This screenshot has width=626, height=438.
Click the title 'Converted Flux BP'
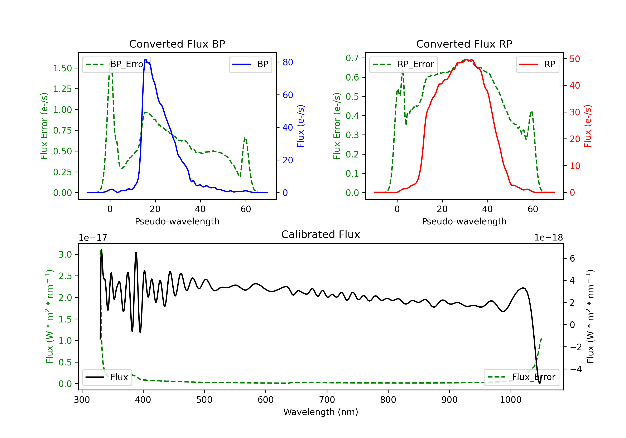click(177, 44)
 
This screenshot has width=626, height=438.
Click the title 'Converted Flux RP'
click(464, 44)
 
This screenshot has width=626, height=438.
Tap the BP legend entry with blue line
click(250, 64)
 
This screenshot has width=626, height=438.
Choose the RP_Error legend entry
click(404, 64)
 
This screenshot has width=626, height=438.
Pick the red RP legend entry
click(537, 64)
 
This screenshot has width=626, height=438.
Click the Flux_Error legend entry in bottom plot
click(521, 377)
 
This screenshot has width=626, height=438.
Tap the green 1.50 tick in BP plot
click(62, 68)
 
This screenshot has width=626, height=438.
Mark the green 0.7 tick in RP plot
click(352, 58)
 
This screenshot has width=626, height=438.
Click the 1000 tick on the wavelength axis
click(510, 400)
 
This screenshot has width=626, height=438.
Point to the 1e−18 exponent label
click(548, 238)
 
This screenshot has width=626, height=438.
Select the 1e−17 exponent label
click(93, 238)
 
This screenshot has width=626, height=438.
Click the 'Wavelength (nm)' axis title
click(321, 412)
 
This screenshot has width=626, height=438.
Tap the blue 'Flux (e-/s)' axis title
click(300, 126)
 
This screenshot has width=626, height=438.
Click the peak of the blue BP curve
click(145, 59)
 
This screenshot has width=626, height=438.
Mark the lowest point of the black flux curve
click(539, 383)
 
